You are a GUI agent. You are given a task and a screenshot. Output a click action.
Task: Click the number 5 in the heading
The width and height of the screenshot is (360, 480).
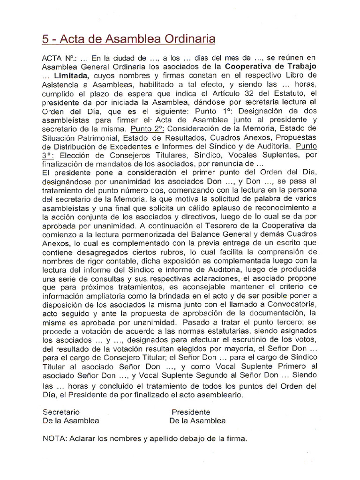pos(45,39)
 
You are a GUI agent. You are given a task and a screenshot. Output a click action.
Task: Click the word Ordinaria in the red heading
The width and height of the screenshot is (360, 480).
pos(187,39)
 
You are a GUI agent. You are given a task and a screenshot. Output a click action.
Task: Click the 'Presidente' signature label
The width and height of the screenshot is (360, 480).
pos(190,412)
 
